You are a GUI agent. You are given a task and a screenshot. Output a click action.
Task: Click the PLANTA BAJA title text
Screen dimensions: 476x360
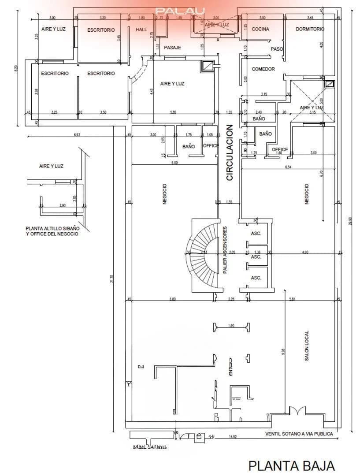click(291, 465)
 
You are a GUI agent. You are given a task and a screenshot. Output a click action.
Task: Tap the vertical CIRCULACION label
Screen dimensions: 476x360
click(229, 152)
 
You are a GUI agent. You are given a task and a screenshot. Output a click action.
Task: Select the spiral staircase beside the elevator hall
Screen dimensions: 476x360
click(204, 254)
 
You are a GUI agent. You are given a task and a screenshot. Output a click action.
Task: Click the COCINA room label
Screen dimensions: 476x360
click(260, 30)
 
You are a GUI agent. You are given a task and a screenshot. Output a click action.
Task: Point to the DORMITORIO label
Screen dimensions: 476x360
click(310, 29)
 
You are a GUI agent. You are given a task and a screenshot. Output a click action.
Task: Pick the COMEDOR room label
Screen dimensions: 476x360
click(263, 69)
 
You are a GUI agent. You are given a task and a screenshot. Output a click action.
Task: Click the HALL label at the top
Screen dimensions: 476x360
click(141, 30)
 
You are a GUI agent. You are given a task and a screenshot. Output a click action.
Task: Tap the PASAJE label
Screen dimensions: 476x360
click(173, 47)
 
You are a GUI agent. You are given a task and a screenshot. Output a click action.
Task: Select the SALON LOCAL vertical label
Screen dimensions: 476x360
click(307, 346)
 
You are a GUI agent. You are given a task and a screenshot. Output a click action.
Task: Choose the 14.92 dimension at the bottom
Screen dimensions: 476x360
click(233, 437)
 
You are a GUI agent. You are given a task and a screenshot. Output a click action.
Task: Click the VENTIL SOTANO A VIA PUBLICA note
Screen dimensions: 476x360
click(299, 434)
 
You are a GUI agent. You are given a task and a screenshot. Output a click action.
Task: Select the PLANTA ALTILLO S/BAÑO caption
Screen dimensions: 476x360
click(52, 231)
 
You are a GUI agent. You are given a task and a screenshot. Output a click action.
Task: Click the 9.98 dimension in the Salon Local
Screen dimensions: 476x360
click(283, 352)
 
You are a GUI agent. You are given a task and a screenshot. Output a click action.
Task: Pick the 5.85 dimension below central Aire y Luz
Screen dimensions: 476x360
click(174, 112)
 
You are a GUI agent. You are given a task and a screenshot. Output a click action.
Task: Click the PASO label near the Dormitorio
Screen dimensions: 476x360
click(276, 49)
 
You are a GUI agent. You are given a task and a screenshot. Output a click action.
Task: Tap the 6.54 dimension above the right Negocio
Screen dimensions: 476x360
click(289, 167)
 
